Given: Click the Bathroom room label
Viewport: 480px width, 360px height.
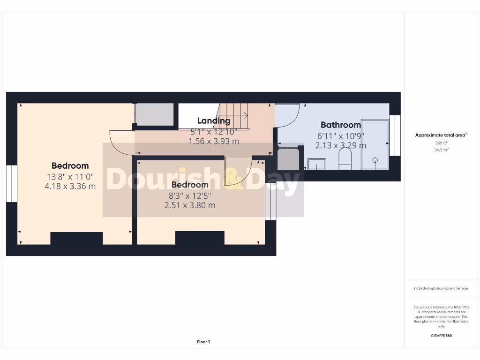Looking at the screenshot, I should (x=341, y=125).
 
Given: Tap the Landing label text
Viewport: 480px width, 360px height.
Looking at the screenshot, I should (x=214, y=121).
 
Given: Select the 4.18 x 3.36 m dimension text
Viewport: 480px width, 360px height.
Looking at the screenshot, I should (x=70, y=186).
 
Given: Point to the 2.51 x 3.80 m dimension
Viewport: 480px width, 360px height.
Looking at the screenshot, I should (x=190, y=205).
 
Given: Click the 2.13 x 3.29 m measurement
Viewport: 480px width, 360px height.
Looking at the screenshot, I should (x=341, y=145).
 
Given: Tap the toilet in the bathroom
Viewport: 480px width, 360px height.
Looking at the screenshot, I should (x=345, y=159).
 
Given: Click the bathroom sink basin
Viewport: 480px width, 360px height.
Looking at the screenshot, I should (x=317, y=164).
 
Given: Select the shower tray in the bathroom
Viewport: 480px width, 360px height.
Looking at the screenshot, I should (x=375, y=144).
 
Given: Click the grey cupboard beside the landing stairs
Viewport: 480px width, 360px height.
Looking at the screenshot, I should (x=154, y=114).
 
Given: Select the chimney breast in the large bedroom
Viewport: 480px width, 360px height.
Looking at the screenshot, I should (x=76, y=238).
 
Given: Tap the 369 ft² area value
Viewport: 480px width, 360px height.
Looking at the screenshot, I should (x=441, y=143).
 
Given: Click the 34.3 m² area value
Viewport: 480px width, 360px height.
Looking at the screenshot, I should (x=441, y=150).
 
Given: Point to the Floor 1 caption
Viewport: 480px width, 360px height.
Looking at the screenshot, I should (x=203, y=342).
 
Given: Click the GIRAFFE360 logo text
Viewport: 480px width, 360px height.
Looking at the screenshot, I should (x=441, y=336).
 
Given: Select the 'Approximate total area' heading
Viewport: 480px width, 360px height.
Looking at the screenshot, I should (x=440, y=135).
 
